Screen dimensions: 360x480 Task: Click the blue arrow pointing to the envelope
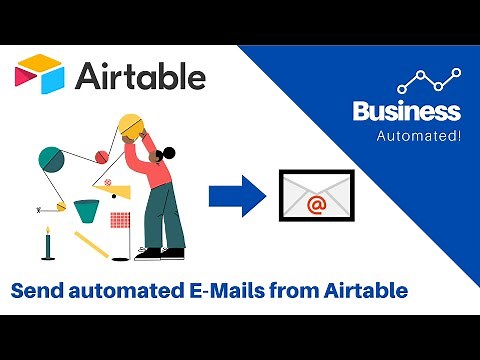coord(236,194)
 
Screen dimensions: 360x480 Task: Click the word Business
coord(406,112)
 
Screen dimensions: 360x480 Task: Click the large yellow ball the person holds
coord(134,127)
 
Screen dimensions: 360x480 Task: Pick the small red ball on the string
coord(100,155)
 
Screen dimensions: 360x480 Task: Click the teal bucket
coord(87,211)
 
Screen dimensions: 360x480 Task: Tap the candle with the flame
coord(46,243)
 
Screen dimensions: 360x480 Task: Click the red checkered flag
coord(120,217)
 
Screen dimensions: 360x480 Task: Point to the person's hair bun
coord(169,154)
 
